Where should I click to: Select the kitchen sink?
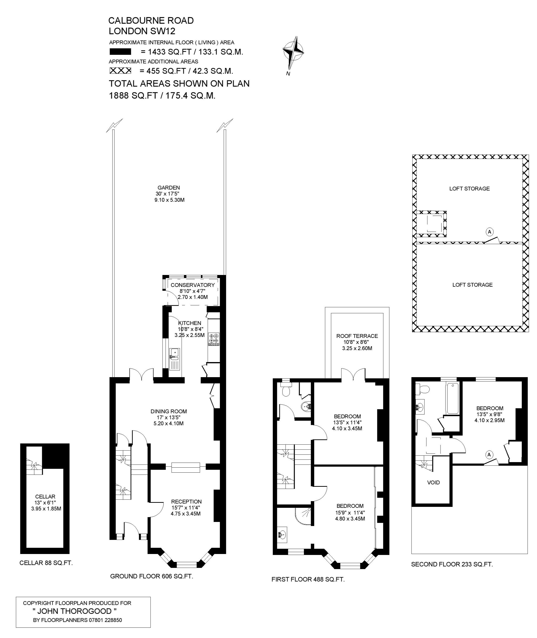coord(175,359)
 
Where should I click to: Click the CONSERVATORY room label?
coord(193,285)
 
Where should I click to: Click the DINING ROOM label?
coord(169,411)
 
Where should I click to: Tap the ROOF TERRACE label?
coord(357,336)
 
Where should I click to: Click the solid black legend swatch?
coord(120,52)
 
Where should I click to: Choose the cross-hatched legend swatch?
coord(120,71)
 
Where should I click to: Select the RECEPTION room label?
coord(186,501)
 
